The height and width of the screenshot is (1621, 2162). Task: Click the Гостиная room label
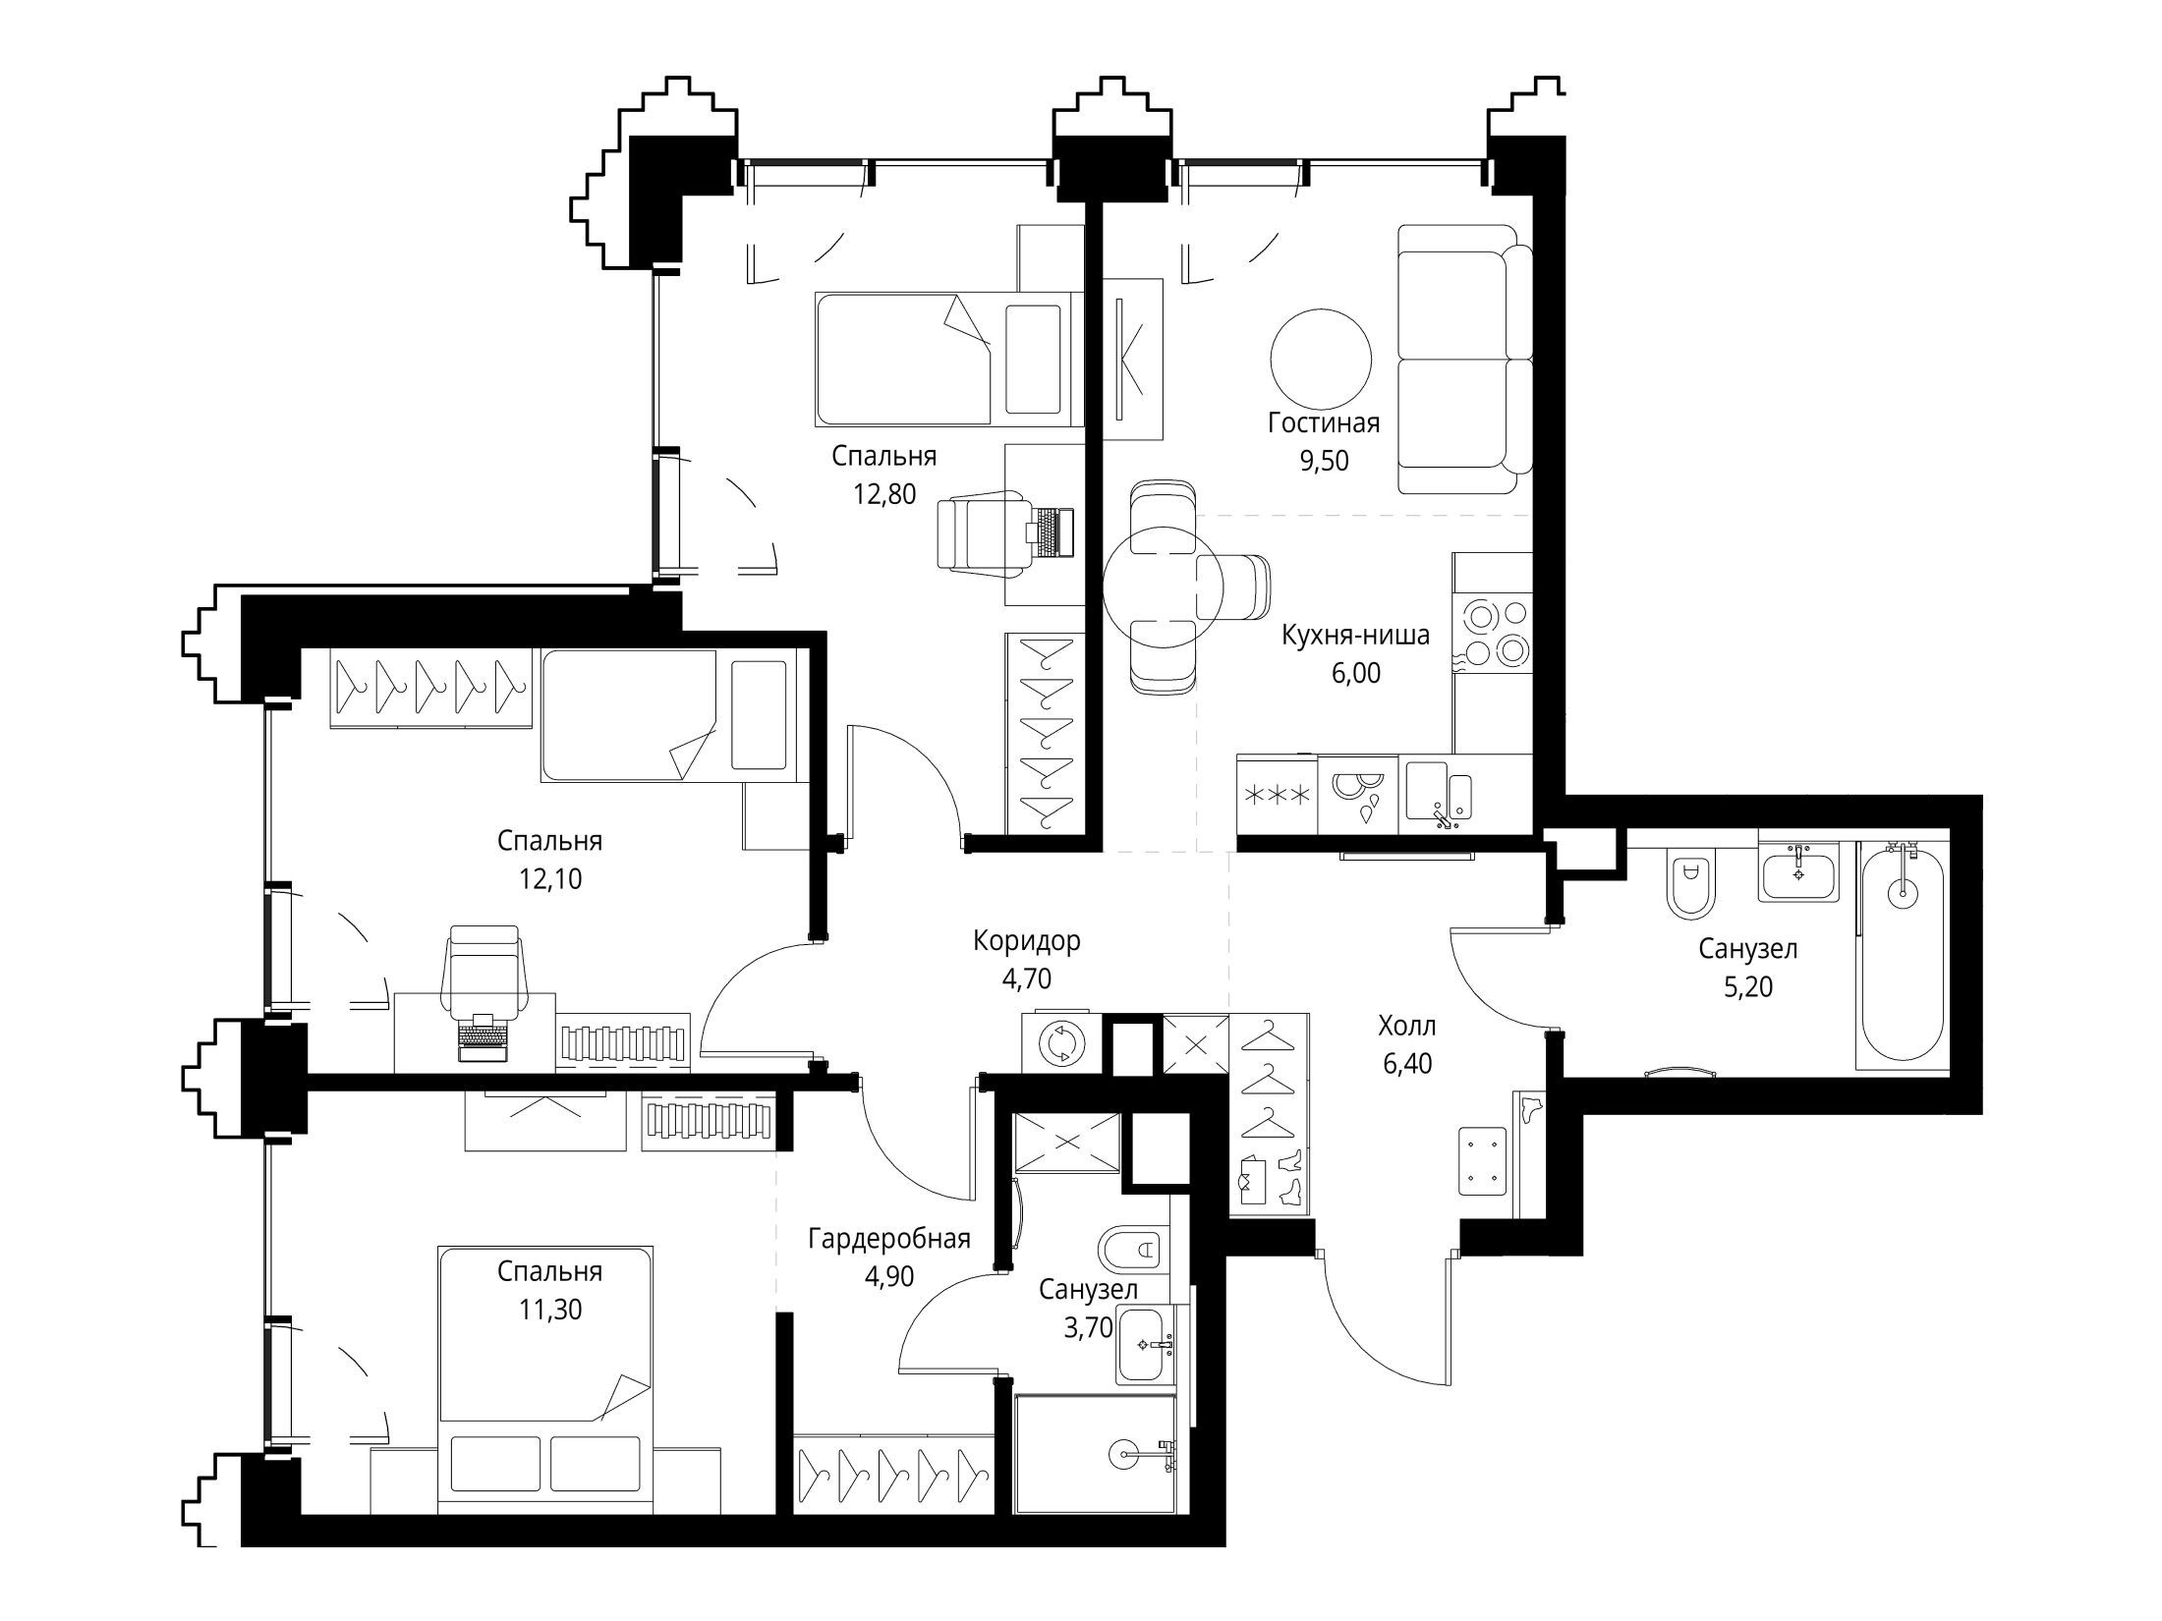point(1324,422)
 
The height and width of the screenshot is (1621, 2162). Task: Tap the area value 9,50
point(1324,461)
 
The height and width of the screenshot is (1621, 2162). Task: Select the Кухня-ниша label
point(1356,636)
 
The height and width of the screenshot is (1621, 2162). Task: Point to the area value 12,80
point(884,494)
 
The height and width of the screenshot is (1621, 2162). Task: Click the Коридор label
point(1027,940)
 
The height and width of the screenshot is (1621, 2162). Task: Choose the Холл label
point(1407,1027)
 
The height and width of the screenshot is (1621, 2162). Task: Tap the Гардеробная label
point(889,1239)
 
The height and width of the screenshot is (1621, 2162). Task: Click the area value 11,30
point(550,1310)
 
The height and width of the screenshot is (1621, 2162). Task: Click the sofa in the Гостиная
point(1464,360)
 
